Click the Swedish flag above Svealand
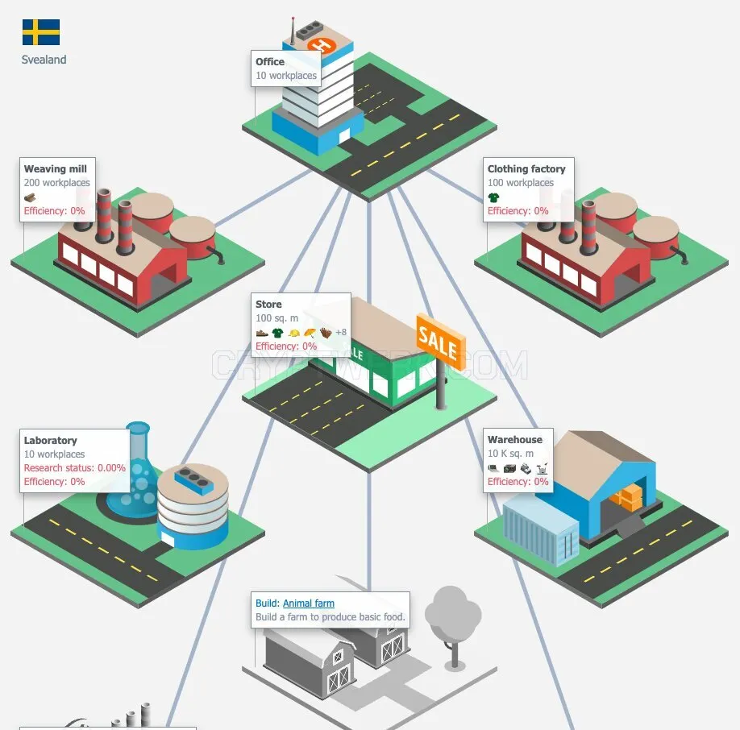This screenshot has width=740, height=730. (41, 32)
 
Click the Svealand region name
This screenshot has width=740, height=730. (44, 60)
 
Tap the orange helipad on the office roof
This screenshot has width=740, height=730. (322, 45)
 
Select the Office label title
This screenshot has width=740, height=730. (270, 62)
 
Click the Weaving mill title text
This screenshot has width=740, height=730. (55, 169)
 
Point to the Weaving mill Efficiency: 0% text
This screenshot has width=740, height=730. (54, 211)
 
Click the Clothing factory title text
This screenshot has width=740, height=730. (526, 169)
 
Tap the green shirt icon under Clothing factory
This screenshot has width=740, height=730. (493, 197)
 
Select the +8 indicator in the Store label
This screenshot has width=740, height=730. (341, 333)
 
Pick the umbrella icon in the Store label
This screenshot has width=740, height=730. (310, 333)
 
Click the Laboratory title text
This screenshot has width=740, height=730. (51, 441)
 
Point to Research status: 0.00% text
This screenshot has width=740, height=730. (75, 468)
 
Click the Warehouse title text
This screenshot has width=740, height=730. (515, 439)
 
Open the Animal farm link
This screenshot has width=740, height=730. (309, 603)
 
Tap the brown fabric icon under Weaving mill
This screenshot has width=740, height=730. (30, 197)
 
